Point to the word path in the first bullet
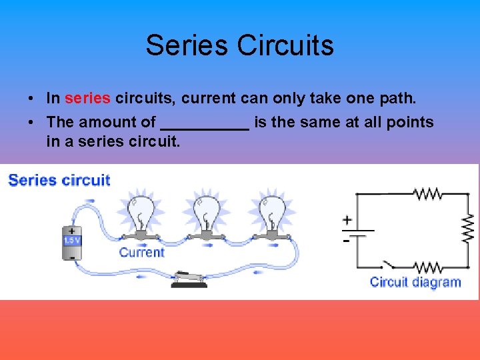(397, 99)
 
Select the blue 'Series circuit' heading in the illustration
(59, 180)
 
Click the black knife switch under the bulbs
(189, 278)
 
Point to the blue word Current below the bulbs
(141, 252)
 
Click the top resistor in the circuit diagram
(427, 194)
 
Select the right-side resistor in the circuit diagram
(468, 229)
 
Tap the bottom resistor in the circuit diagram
(427, 268)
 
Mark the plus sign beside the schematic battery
(347, 219)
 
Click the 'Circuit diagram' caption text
(415, 282)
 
